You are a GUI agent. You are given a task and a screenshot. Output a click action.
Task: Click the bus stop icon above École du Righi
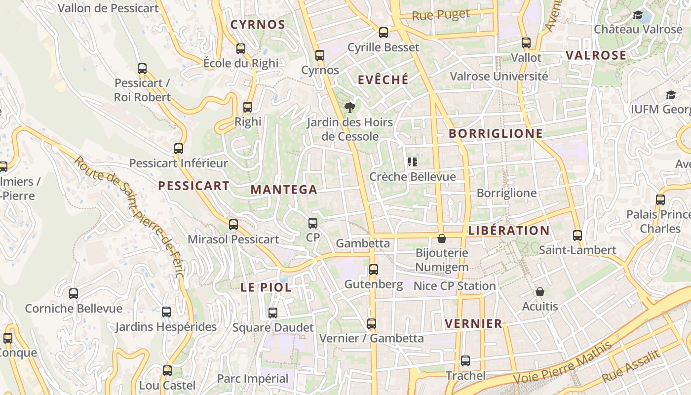[x=241, y=49]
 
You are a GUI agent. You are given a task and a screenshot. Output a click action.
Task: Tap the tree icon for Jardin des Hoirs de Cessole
[x=350, y=107]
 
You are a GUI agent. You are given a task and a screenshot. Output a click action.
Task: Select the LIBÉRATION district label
[x=509, y=231]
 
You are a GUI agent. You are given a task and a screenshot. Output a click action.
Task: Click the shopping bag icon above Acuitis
[x=540, y=292]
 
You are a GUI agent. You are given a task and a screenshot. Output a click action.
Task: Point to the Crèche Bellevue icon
[x=413, y=161]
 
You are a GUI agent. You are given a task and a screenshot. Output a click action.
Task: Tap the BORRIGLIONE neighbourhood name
[x=496, y=133]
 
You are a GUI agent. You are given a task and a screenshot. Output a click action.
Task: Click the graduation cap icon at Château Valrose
[x=638, y=15]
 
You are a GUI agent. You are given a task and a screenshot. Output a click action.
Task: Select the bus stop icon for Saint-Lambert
[x=577, y=236]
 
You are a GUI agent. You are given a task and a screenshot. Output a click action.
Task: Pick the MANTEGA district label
[x=284, y=190]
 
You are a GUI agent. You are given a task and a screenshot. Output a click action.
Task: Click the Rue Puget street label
[x=441, y=15]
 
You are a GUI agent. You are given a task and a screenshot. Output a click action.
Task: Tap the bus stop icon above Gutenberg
[x=374, y=270]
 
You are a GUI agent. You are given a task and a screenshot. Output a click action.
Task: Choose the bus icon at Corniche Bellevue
[x=74, y=294]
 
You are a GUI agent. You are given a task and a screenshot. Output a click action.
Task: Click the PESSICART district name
[x=193, y=186]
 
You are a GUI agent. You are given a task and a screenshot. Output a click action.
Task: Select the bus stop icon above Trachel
[x=465, y=361]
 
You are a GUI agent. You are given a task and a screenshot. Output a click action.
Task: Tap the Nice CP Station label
[x=454, y=286]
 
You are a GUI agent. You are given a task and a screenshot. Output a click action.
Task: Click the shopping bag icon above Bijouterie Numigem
[x=442, y=238]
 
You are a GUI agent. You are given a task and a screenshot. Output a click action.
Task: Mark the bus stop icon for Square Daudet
[x=273, y=313]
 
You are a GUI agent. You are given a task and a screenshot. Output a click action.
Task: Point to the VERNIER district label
[x=473, y=324]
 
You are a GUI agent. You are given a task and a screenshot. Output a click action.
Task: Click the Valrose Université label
[x=499, y=77]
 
